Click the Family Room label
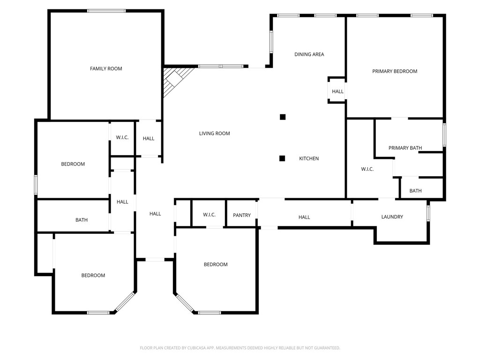coord(106,69)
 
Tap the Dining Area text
coord(309,54)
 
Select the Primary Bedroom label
coord(394,71)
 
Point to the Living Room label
coord(214,134)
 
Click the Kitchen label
coord(309,158)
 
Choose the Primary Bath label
coord(405,148)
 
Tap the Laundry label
coord(392,217)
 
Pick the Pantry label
coord(242,215)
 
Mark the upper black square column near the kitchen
coord(282,117)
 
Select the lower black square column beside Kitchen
coord(282,158)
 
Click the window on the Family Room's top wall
coord(106,11)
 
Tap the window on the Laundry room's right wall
coord(428,212)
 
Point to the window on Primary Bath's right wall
coord(444,135)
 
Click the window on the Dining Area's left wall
coord(271,41)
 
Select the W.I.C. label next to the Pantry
coord(209,215)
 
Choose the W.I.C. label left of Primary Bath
coord(367,169)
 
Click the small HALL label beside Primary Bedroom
coord(337,92)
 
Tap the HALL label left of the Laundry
coord(304,217)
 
